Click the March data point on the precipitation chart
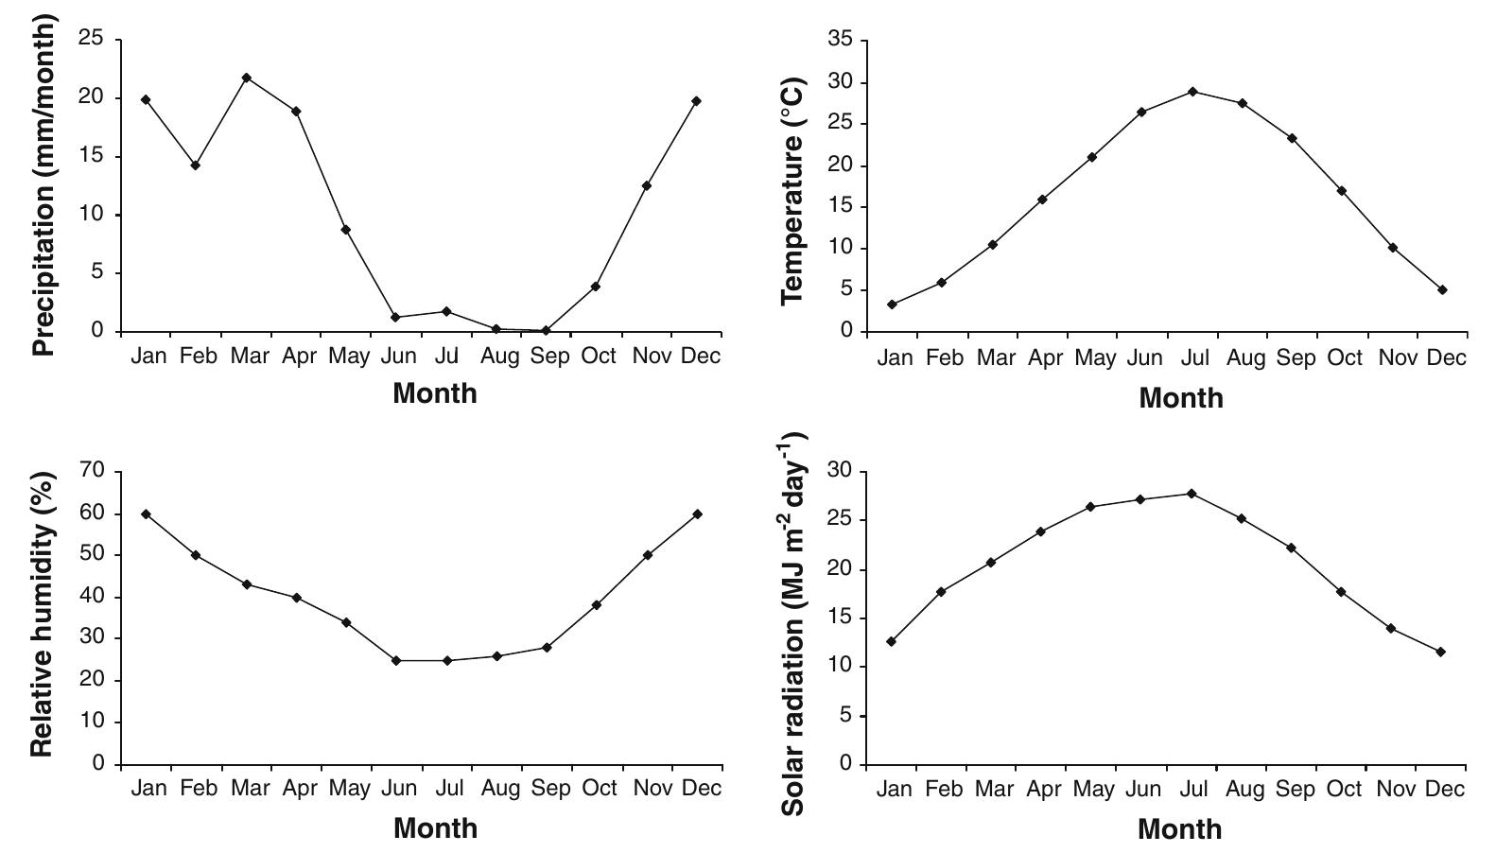(x=247, y=78)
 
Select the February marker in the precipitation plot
(x=196, y=165)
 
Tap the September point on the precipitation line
(x=546, y=330)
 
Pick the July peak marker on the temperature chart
(x=1192, y=92)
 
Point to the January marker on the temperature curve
(x=892, y=304)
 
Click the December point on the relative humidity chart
(x=697, y=514)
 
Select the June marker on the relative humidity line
(x=396, y=661)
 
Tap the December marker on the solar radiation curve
(x=1440, y=652)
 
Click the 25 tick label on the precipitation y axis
(x=91, y=38)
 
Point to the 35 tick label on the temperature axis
(x=840, y=39)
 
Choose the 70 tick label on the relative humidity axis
(x=92, y=470)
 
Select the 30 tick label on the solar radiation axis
(x=840, y=470)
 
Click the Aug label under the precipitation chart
(x=499, y=357)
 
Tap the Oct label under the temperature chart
(x=1345, y=358)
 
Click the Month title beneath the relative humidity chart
(x=435, y=828)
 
